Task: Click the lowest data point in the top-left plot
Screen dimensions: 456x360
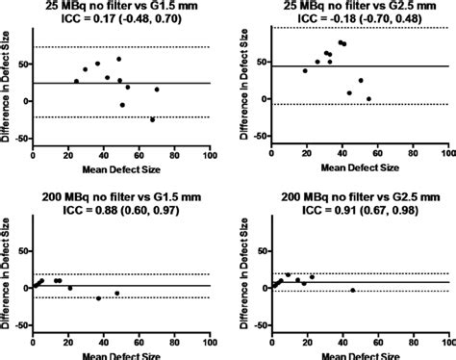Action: [152, 119]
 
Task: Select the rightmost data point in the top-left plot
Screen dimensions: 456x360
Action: [157, 90]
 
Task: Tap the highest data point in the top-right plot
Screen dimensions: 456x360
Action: [341, 42]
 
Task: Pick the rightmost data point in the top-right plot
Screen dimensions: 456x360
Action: [368, 99]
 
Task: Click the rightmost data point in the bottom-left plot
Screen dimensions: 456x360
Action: [117, 294]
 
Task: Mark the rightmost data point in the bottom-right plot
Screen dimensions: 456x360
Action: [353, 290]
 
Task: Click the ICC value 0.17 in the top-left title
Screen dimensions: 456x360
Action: [104, 19]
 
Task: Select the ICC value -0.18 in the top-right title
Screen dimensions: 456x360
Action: [342, 18]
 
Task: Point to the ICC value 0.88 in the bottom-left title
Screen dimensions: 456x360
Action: [105, 210]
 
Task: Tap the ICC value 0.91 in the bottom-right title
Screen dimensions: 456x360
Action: [344, 210]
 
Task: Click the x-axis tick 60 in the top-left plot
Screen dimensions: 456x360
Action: [139, 155]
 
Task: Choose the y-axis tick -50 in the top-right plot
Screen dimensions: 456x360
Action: [260, 136]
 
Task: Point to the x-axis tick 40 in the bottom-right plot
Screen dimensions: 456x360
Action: [342, 343]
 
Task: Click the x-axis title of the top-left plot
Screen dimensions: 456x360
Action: [121, 169]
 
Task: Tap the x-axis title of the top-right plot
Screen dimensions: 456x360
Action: [360, 167]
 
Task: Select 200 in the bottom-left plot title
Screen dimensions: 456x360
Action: [52, 196]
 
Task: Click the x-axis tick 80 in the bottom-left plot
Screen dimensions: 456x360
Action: [174, 343]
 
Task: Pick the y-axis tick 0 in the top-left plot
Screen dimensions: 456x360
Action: [28, 101]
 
